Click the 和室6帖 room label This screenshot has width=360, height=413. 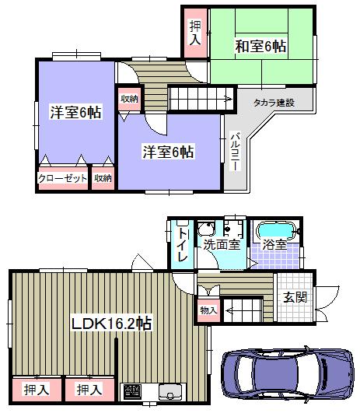pyautogui.click(x=261, y=47)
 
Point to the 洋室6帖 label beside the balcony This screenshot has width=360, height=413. pyautogui.click(x=168, y=152)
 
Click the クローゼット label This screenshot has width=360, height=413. pyautogui.click(x=62, y=178)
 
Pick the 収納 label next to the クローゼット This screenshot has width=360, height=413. pyautogui.click(x=103, y=178)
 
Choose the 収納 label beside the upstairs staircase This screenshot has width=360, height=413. pyautogui.click(x=129, y=99)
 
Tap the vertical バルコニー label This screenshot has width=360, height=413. pyautogui.click(x=233, y=152)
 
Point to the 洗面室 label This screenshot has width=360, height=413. pyautogui.click(x=220, y=244)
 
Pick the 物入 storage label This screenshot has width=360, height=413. pyautogui.click(x=208, y=310)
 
